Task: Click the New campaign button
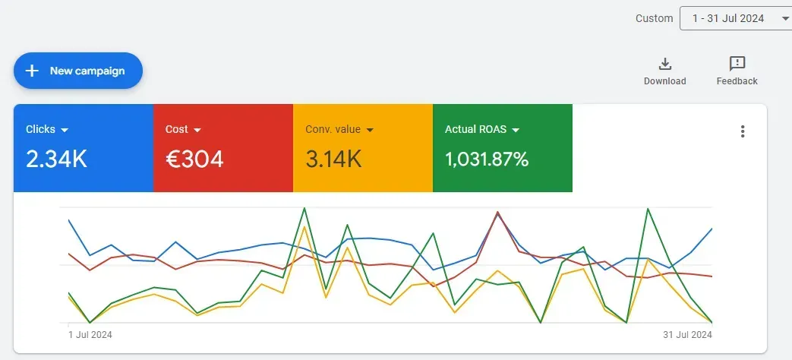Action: pos(78,71)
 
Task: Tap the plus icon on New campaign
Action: pos(32,71)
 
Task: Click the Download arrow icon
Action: pos(664,64)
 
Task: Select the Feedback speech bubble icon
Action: pos(737,64)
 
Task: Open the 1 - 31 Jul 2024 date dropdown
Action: pos(735,18)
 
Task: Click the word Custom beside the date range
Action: pos(654,18)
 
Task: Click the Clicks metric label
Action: pos(40,129)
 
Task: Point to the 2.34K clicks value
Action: pos(56,159)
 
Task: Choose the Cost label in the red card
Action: pos(176,129)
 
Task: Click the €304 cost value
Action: pos(194,159)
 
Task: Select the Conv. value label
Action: pos(333,129)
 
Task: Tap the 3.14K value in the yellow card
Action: pos(333,159)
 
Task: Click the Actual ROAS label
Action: pos(475,129)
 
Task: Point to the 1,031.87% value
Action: pos(487,159)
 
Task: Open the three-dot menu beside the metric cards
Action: pos(743,131)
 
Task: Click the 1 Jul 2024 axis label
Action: pos(90,334)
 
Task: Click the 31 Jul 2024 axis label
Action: pos(686,334)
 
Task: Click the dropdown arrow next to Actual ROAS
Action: pos(516,130)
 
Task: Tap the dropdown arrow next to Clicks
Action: pos(65,130)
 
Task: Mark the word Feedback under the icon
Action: pos(737,81)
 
